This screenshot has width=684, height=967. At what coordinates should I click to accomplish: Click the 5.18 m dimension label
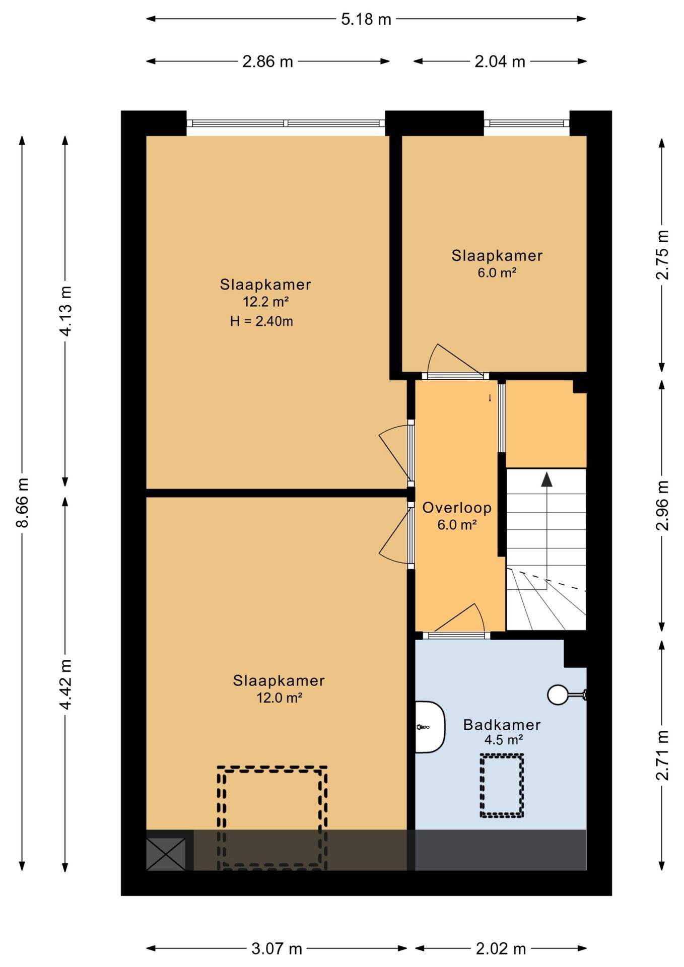(366, 19)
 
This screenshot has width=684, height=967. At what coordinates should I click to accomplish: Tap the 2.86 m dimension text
(267, 61)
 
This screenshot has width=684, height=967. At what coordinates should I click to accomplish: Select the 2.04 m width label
(500, 61)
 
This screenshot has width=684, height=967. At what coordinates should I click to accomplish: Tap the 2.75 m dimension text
(662, 254)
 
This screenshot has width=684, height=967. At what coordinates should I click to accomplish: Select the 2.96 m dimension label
(662, 505)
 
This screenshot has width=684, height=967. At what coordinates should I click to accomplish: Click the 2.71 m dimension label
(662, 755)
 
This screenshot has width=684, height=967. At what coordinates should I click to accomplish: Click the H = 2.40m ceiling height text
(261, 321)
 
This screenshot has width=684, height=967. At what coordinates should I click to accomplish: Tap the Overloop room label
(457, 508)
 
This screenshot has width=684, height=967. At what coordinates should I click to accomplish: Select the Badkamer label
(502, 725)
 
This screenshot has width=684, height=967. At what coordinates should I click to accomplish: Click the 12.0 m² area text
(280, 698)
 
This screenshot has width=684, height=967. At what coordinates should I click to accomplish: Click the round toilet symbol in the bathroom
(558, 695)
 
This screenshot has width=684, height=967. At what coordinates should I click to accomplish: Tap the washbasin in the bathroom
(430, 727)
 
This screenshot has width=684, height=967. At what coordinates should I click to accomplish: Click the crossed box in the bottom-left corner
(166, 854)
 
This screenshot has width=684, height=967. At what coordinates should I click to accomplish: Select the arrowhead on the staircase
(546, 479)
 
